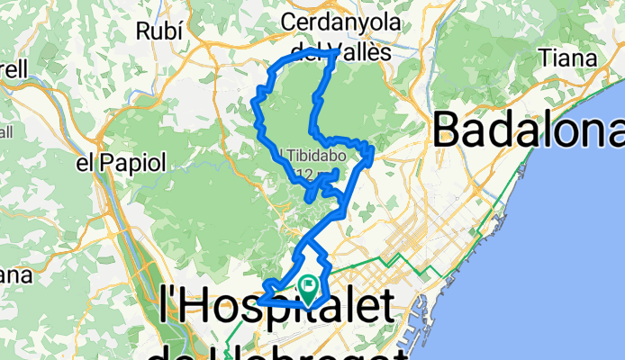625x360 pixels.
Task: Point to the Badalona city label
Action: point(529,131)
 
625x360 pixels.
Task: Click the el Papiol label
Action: point(122,163)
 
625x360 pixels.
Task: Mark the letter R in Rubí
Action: point(141,31)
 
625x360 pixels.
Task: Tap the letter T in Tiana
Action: point(544,57)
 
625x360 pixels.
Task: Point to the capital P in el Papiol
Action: point(106,163)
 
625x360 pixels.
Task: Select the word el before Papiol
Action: point(86,163)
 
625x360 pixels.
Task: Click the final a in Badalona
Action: point(612,133)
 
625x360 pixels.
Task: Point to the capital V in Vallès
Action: point(341,52)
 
